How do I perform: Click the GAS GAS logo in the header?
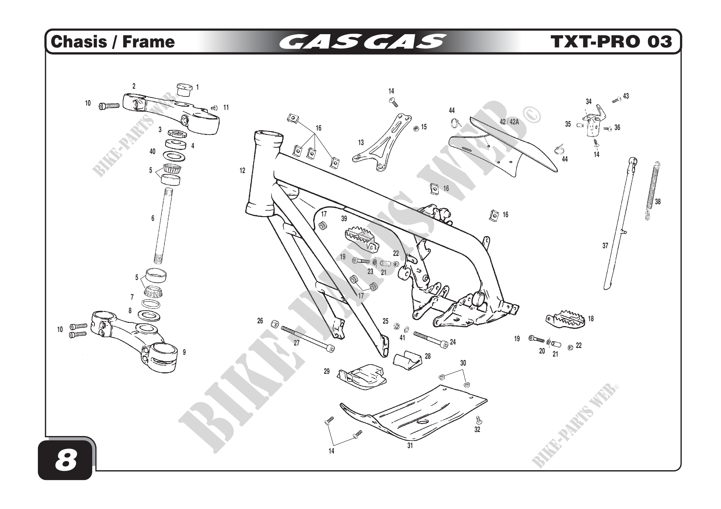(362, 42)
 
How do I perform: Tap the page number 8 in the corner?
(66, 461)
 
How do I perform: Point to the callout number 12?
(242, 171)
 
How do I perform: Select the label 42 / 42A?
(509, 122)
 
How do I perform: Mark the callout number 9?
(184, 352)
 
